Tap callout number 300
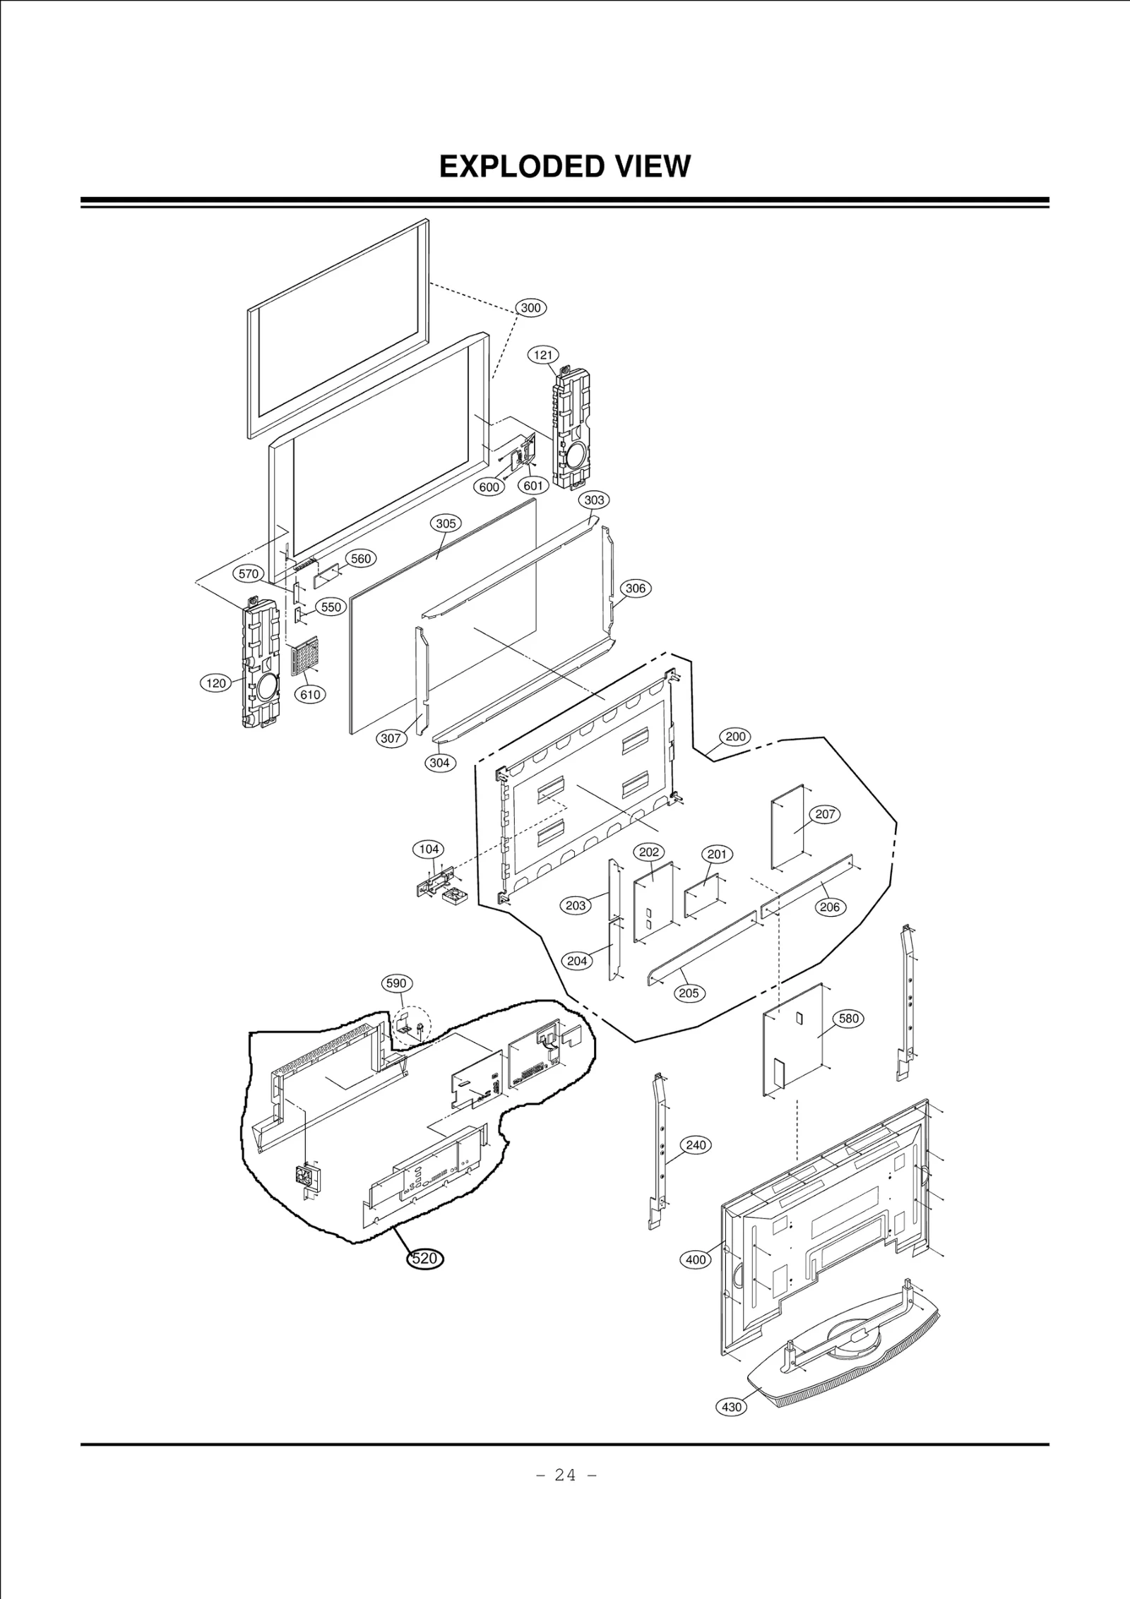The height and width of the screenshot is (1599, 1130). tap(530, 307)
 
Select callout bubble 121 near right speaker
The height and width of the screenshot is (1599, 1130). tap(543, 355)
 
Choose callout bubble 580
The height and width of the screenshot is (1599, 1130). tap(848, 1019)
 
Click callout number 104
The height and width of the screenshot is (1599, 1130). tap(429, 849)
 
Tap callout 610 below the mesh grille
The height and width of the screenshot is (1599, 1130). tap(310, 694)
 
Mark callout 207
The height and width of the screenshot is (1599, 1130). tap(825, 814)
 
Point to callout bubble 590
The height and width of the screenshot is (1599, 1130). tap(397, 983)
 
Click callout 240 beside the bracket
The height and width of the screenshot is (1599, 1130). tap(696, 1145)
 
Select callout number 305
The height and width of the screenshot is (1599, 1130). tap(446, 523)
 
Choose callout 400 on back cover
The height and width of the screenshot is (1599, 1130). tap(696, 1259)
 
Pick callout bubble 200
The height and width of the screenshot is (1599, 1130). tap(735, 737)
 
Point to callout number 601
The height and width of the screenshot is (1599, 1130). tap(533, 486)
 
